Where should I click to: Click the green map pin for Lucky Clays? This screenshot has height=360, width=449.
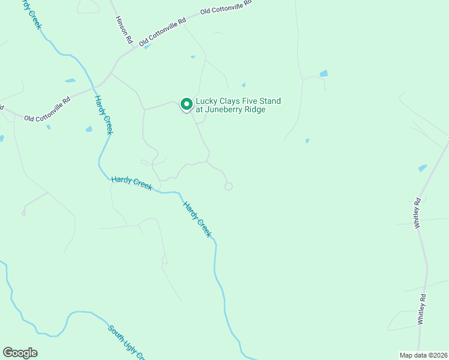coord(186,105)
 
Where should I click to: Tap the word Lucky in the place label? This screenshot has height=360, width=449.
coord(207,101)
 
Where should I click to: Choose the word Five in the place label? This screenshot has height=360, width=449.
coord(252,101)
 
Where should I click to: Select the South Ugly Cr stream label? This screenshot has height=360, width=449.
coord(127,342)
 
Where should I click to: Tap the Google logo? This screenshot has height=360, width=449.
coord(20,353)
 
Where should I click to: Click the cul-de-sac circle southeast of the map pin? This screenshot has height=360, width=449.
coord(228,187)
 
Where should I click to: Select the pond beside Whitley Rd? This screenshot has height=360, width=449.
coord(423,168)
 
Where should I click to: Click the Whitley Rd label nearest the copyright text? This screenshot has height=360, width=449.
coord(423,309)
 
